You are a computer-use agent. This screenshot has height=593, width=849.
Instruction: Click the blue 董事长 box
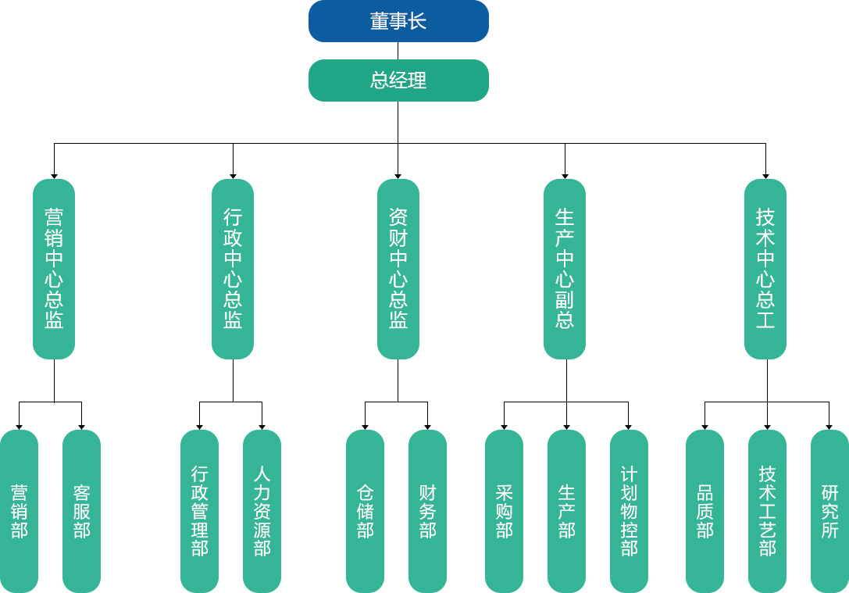tap(398, 21)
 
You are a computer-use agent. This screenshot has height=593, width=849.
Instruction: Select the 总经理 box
tap(398, 80)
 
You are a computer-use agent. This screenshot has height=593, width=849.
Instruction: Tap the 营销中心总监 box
tap(54, 269)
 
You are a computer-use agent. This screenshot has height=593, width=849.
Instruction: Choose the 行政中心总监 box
tap(233, 269)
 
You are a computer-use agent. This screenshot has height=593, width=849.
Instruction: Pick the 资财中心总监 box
tap(398, 269)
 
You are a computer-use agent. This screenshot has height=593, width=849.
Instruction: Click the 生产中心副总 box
tap(565, 269)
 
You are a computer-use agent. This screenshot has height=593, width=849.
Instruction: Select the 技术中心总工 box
tap(765, 269)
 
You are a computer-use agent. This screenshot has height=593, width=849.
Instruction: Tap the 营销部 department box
tap(19, 511)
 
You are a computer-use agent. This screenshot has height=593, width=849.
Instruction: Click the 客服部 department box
tap(81, 511)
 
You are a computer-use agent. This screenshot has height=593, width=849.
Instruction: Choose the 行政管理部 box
tap(199, 511)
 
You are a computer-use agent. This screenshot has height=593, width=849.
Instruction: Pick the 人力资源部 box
tap(262, 511)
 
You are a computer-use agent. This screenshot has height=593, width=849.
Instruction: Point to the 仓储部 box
tap(365, 511)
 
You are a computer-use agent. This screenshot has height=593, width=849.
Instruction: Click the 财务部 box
tap(427, 511)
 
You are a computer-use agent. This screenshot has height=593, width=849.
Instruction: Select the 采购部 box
tap(504, 511)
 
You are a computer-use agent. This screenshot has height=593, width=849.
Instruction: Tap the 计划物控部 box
tap(629, 511)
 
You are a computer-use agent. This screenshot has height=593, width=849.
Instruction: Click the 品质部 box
tap(705, 511)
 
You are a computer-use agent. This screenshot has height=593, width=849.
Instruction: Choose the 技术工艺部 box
tap(767, 511)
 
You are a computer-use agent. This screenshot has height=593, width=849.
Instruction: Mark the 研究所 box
tap(829, 511)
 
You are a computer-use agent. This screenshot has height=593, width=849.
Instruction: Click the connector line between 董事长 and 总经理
tap(398, 51)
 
